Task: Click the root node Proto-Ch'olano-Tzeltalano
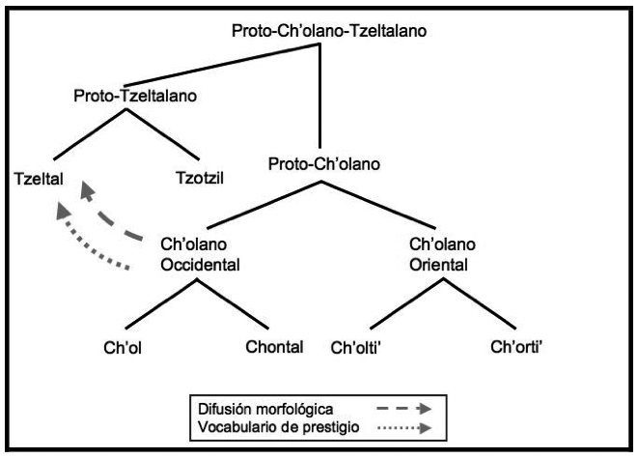click(329, 30)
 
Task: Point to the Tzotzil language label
click(200, 178)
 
